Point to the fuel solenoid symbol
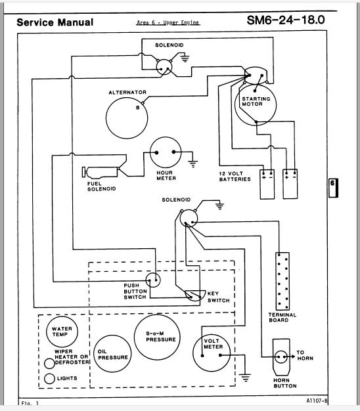coord(101,173)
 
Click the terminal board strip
coord(282,281)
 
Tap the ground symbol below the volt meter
coord(246,378)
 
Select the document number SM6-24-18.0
coord(286,20)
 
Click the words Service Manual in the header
coord(55,22)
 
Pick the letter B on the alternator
coord(138,108)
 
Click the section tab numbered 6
coord(333,188)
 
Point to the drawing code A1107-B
coord(317,400)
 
